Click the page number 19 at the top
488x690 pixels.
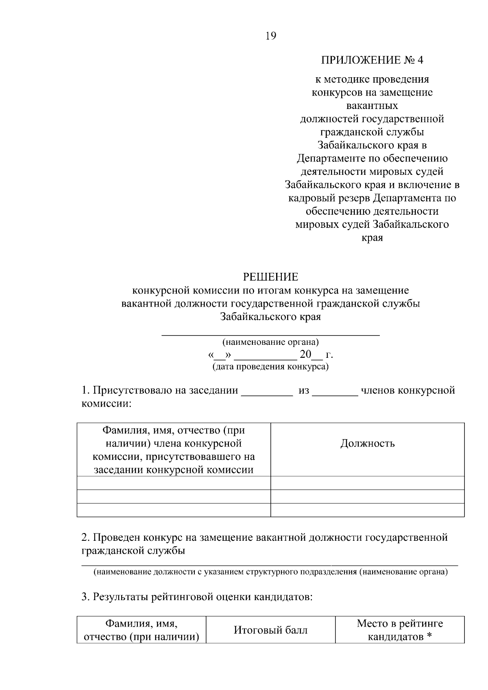click(270, 36)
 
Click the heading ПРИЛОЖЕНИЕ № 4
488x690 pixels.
click(372, 61)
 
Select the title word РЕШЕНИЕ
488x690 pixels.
click(270, 277)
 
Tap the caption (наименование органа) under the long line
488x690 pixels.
click(270, 342)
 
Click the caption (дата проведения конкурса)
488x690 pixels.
click(270, 367)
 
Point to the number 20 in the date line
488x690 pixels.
click(305, 355)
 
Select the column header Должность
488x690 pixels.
click(367, 443)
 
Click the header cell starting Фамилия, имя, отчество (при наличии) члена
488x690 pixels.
click(174, 450)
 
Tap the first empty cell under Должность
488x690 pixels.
click(367, 483)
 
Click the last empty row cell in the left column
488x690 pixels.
click(174, 510)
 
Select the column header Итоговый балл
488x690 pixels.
click(270, 630)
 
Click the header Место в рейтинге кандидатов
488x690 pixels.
click(399, 630)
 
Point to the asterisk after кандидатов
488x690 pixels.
click(429, 636)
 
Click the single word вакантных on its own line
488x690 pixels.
click(372, 106)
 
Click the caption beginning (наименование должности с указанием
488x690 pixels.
click(270, 572)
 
